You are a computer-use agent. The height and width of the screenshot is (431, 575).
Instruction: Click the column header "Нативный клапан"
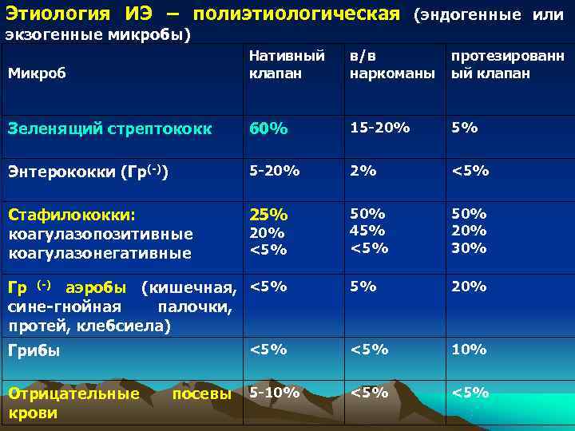tap(287, 65)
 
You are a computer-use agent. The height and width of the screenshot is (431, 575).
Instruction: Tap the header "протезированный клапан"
tap(507, 65)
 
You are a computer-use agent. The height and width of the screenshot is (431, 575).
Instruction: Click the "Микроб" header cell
tap(35, 73)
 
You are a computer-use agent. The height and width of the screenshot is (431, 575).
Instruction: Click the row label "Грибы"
tap(34, 350)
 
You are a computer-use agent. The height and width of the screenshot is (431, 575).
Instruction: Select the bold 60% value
tap(268, 129)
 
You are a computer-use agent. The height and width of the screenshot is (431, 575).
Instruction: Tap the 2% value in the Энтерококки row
tap(360, 171)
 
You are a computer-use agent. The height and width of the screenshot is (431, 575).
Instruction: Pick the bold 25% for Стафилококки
tap(268, 215)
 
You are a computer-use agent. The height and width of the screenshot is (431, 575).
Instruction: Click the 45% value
tap(367, 231)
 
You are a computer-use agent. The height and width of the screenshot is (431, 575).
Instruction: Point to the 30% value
tap(469, 247)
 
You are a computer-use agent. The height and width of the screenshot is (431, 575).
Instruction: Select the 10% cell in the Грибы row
tap(469, 349)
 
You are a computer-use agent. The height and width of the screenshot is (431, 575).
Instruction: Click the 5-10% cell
tap(275, 392)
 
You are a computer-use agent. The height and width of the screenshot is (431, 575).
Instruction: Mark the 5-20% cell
tap(275, 171)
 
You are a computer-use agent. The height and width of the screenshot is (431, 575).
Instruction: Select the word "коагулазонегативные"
tap(100, 253)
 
